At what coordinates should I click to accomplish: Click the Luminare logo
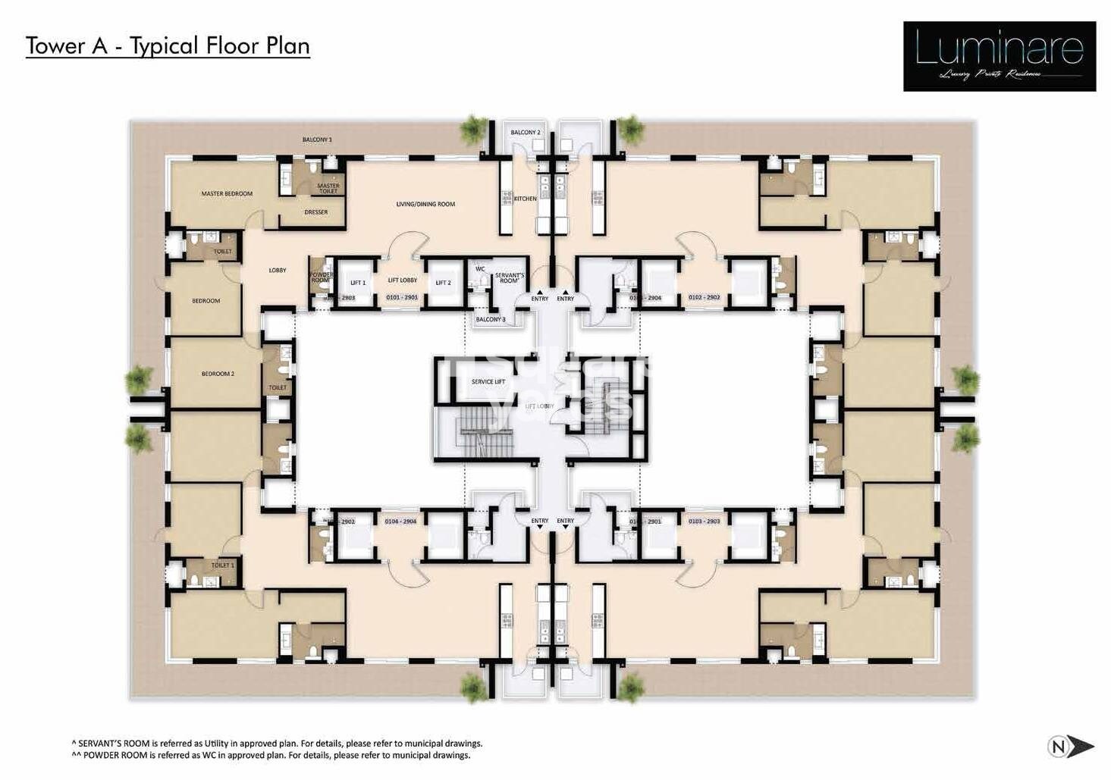[x=999, y=56]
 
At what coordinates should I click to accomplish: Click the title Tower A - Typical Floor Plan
[x=168, y=45]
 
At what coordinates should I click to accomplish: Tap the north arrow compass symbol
[x=1070, y=747]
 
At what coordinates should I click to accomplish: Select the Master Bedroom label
[x=227, y=194]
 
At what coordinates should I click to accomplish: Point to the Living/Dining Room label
[x=425, y=204]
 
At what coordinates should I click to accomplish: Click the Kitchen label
[x=525, y=199]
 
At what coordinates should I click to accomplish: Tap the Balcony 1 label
[x=317, y=139]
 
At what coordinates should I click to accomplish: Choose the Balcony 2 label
[x=525, y=133]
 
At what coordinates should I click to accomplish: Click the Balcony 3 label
[x=490, y=320]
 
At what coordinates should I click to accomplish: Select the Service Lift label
[x=488, y=382]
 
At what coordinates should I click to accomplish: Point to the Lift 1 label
[x=358, y=283]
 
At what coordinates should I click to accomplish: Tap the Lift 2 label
[x=443, y=283]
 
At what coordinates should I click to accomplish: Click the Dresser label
[x=315, y=212]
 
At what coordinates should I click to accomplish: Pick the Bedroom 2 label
[x=218, y=374]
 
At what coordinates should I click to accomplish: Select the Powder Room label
[x=320, y=277]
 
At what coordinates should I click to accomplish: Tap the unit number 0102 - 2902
[x=704, y=298]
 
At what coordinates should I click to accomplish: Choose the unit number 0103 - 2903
[x=704, y=522]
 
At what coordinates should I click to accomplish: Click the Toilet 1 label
[x=222, y=565]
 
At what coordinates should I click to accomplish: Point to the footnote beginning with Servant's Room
[x=277, y=744]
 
